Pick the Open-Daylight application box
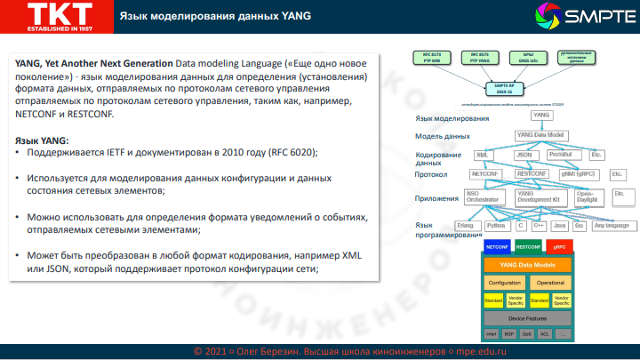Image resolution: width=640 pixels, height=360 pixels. [x=586, y=196]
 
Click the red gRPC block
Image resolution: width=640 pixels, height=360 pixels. [x=559, y=244]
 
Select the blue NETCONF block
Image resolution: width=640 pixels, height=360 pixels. [x=496, y=244]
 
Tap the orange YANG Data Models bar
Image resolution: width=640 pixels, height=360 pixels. [x=528, y=265]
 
